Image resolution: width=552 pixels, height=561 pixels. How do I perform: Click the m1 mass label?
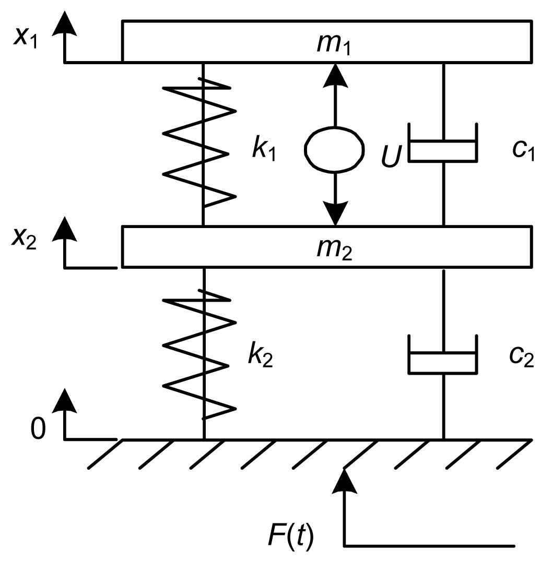(x=334, y=44)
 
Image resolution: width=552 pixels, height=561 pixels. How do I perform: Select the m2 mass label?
(x=334, y=249)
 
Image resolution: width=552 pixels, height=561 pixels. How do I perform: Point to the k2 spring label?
(x=260, y=356)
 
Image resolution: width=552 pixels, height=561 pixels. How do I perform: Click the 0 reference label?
(x=38, y=429)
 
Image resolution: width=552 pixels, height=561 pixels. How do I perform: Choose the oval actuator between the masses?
(x=335, y=149)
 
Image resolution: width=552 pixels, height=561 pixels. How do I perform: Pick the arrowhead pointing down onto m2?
(x=335, y=214)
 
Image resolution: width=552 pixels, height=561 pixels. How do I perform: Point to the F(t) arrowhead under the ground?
(x=344, y=481)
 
